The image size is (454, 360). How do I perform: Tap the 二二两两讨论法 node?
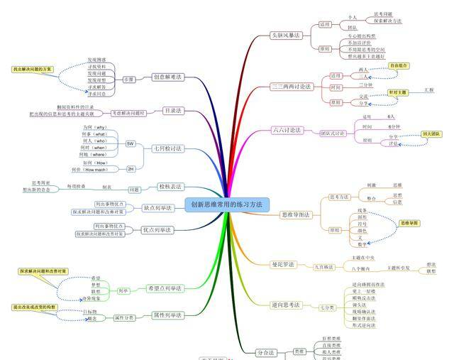(292, 87)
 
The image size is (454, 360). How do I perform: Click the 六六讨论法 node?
(287, 130)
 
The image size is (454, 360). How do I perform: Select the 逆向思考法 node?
(287, 305)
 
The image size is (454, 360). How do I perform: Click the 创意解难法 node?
(168, 77)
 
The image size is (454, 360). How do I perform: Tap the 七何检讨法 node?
(168, 148)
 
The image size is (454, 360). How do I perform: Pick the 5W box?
(131, 143)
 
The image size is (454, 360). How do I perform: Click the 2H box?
(131, 168)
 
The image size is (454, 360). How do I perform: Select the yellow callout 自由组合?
(399, 65)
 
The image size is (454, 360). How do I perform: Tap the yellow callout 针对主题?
(398, 92)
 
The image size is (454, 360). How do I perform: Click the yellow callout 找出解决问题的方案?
(33, 69)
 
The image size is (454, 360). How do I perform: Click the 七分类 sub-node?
(326, 307)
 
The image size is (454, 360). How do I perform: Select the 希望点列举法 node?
(165, 288)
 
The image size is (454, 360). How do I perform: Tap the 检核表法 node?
(170, 187)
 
